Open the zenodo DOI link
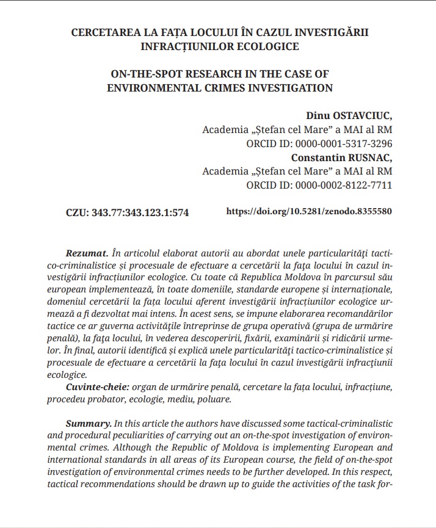[x=309, y=212]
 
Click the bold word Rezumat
[x=86, y=253]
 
